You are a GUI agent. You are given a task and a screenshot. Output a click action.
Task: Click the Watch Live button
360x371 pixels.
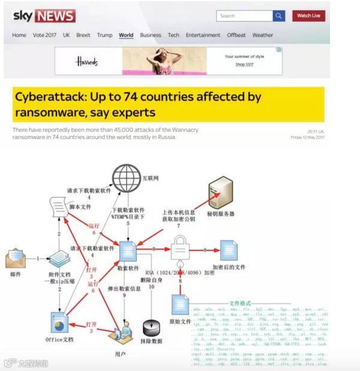click(x=308, y=16)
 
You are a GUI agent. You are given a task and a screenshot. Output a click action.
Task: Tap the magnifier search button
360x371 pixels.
click(x=278, y=16)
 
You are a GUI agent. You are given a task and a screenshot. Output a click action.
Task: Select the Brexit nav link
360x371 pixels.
click(x=83, y=35)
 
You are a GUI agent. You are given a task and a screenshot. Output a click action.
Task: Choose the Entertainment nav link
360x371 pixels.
click(x=203, y=35)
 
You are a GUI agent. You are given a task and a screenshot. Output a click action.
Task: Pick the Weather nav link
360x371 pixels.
click(x=263, y=35)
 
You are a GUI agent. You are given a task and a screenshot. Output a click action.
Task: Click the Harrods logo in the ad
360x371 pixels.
click(x=86, y=61)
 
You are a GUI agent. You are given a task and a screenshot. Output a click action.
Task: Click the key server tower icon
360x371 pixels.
click(x=219, y=192)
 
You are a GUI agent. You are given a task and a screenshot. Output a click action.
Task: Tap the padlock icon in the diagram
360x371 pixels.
click(x=181, y=248)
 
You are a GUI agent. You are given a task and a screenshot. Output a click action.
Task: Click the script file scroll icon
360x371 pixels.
click(x=58, y=210)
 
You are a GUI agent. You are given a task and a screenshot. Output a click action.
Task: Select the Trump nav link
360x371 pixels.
click(x=104, y=35)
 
